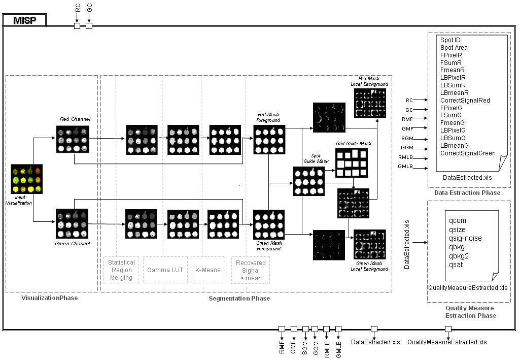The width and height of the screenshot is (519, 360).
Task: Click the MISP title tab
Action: (24, 20)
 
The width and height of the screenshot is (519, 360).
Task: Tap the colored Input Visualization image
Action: (27, 179)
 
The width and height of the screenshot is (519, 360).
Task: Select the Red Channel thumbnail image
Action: (73, 139)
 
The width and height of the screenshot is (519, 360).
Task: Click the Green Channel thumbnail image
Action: (72, 223)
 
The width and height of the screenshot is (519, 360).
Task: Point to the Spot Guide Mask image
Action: (308, 181)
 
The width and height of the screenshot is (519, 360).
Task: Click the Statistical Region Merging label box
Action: (121, 270)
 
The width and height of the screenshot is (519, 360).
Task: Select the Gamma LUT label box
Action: (165, 270)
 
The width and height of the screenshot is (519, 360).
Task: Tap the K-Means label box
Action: (208, 270)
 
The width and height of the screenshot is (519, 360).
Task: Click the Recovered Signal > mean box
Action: (251, 270)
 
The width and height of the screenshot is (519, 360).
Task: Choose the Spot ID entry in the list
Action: (451, 40)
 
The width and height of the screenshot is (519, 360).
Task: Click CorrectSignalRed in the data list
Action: (465, 101)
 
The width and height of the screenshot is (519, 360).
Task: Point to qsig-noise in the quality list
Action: (465, 238)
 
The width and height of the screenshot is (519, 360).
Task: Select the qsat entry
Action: (456, 265)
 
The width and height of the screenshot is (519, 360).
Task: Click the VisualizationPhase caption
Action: (50, 298)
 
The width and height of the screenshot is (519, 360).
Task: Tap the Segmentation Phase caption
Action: (239, 299)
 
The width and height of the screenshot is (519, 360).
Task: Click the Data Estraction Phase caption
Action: (467, 193)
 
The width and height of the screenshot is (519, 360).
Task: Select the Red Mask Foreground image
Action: (269, 139)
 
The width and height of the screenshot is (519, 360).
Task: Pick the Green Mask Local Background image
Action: (370, 245)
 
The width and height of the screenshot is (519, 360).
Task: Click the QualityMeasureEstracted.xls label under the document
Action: (467, 288)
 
